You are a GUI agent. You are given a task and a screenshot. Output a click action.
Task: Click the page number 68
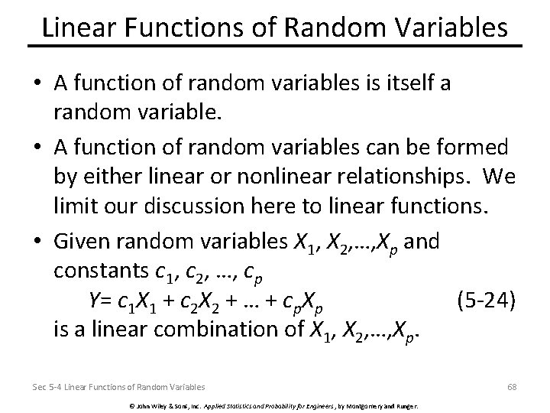(512, 387)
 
